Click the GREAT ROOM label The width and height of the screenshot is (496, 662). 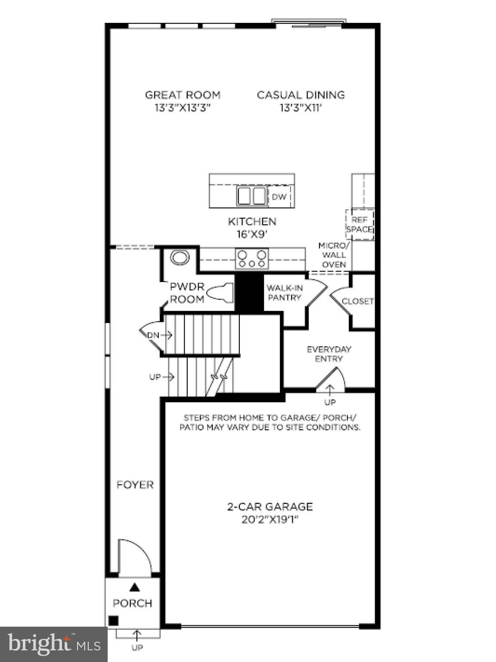coord(183,95)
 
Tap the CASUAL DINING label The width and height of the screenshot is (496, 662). coord(301,95)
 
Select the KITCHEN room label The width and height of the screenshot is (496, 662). coord(252,222)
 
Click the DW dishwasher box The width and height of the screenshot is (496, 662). coord(279,197)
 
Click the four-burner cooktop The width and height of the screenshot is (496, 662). coord(252,259)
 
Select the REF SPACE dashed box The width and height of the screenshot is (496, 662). coord(360,225)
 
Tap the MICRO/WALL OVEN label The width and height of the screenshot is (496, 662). coord(334,255)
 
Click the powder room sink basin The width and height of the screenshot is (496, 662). coord(180,258)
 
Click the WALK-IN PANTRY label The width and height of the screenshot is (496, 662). coord(284,293)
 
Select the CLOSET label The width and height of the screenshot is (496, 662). coord(357,301)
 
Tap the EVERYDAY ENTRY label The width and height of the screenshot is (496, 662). coord(329,354)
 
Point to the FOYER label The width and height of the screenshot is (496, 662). coord(135,485)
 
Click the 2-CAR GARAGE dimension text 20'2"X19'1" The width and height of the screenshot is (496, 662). coord(270,520)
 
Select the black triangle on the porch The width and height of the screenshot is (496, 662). coord(135,587)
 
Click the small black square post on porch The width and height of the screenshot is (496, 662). coord(113,621)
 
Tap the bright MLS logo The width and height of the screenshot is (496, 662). coord(54,644)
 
